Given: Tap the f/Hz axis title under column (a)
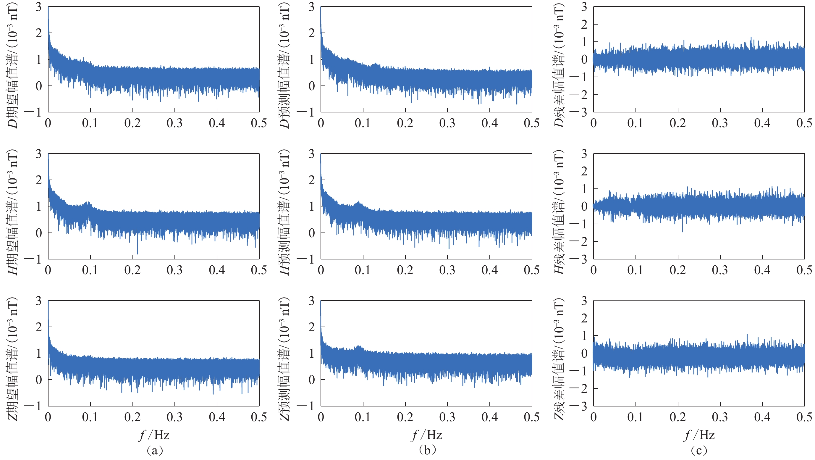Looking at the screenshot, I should tap(154, 435).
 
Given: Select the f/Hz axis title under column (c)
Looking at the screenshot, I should tap(699, 435).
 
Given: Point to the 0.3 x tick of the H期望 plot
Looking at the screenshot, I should tap(175, 270).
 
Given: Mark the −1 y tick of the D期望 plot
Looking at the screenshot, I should tap(33, 112).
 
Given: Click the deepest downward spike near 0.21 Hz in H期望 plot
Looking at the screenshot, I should tap(137, 253).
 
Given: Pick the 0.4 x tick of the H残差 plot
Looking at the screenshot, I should tap(762, 270).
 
